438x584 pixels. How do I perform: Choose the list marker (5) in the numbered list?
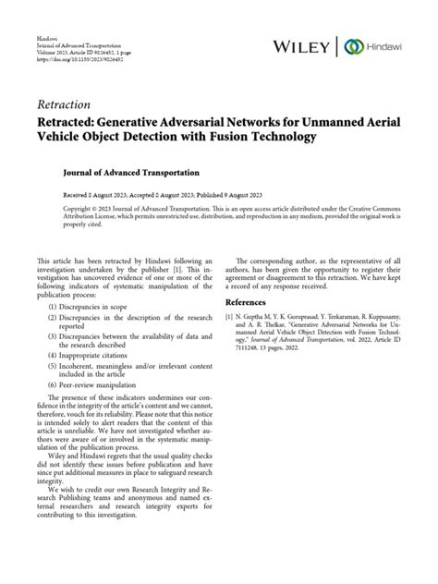click(43, 393)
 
